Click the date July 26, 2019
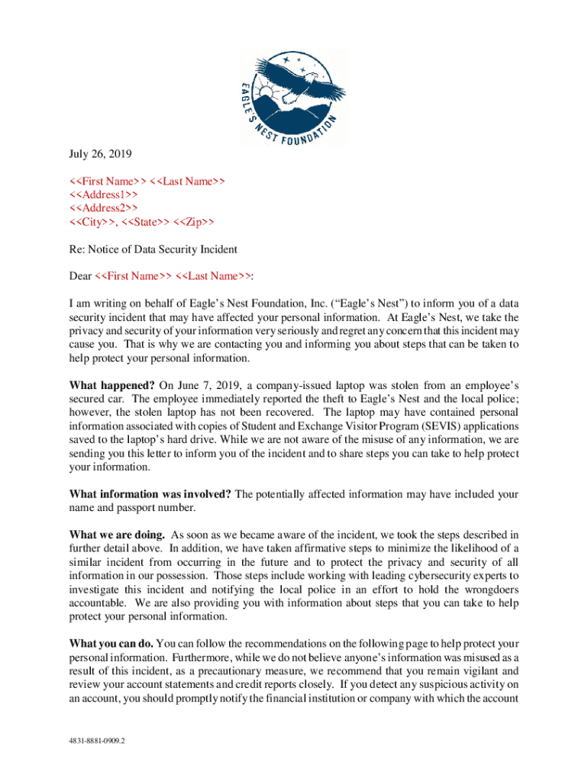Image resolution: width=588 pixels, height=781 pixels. coord(100,154)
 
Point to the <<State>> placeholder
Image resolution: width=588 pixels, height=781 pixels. coord(147,222)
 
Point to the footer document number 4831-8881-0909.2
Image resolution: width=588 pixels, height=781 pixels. coord(98,740)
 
